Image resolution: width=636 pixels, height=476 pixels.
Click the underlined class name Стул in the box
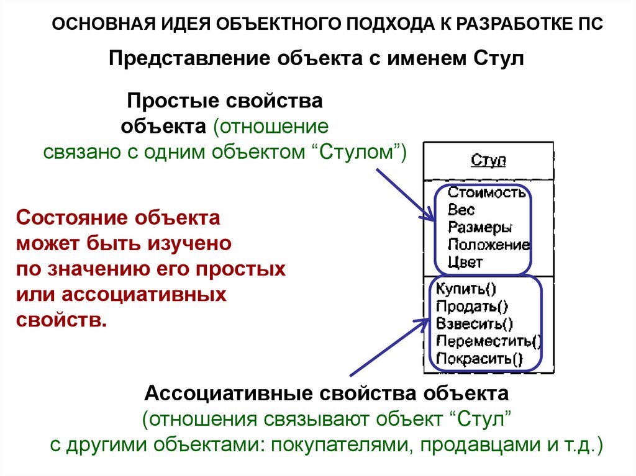[489, 161]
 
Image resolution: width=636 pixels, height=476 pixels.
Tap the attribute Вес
[461, 210]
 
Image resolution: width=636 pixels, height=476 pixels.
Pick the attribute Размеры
[479, 227]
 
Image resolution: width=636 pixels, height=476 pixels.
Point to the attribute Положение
[488, 245]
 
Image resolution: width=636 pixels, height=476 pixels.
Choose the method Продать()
[471, 306]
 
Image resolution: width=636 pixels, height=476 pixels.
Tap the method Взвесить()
[475, 323]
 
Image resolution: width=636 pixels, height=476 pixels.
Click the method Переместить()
[488, 341]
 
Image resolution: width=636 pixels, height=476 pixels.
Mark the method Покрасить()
[479, 358]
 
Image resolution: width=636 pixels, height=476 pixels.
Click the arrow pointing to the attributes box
[403, 193]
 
